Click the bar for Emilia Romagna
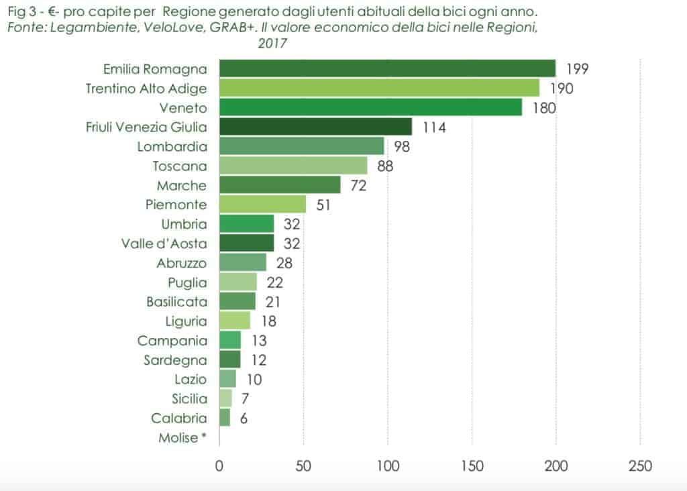[387, 68]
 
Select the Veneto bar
[370, 107]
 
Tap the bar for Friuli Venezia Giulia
[315, 127]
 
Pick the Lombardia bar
[301, 146]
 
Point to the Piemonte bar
[262, 205]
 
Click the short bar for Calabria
[225, 418]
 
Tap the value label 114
[434, 127]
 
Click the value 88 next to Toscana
[384, 166]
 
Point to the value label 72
[358, 185]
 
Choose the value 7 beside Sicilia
[245, 398]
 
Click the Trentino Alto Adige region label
[146, 88]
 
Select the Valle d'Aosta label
[164, 243]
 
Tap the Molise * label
[182, 437]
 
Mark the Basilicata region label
[176, 302]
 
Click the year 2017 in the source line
[272, 44]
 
